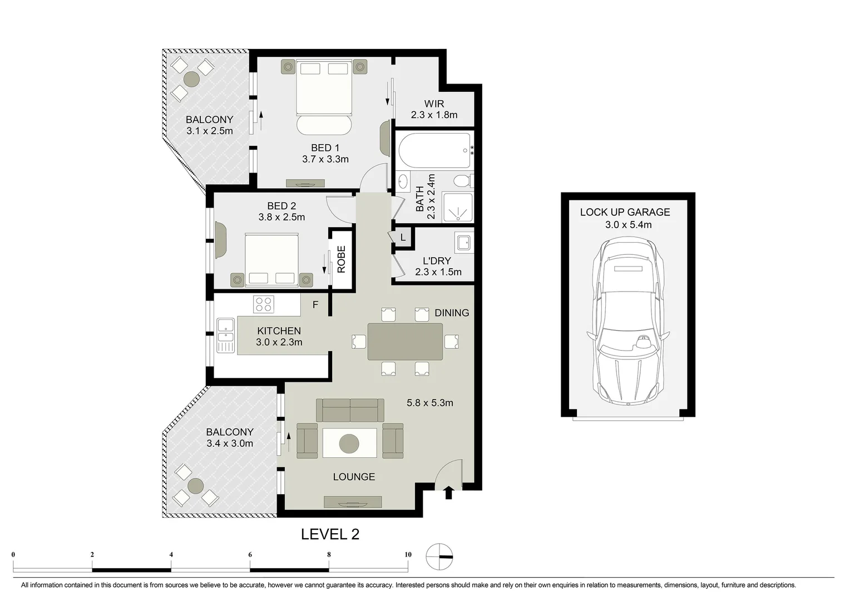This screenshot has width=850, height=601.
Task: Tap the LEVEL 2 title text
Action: pyautogui.click(x=330, y=534)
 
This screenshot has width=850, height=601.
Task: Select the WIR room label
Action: pyautogui.click(x=434, y=104)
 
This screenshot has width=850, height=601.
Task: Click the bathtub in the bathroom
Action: pyautogui.click(x=434, y=150)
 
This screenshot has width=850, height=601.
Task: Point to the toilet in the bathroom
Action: pyautogui.click(x=461, y=181)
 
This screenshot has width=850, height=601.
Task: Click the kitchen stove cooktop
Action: pyautogui.click(x=264, y=304)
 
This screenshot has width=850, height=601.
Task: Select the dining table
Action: pyautogui.click(x=405, y=341)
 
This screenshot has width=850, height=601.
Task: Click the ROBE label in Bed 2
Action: pyautogui.click(x=342, y=259)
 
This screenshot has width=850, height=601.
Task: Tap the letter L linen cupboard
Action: pyautogui.click(x=403, y=238)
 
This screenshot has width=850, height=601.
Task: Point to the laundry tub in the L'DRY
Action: pyautogui.click(x=462, y=243)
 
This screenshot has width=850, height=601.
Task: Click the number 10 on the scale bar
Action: pyautogui.click(x=408, y=554)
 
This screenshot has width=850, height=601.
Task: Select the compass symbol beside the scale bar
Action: pyautogui.click(x=439, y=556)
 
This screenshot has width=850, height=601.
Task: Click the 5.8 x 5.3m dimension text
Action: pyautogui.click(x=429, y=402)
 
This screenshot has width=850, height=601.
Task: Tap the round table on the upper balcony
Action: pyautogui.click(x=192, y=79)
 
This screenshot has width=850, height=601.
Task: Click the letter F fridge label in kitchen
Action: pyautogui.click(x=315, y=305)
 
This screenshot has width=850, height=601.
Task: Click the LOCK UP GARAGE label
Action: pyautogui.click(x=625, y=212)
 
